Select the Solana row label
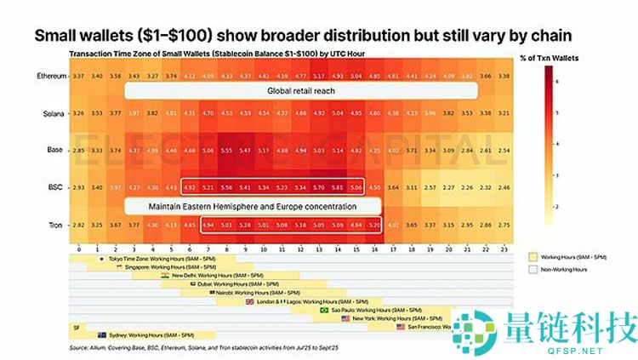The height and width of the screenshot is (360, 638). point(49,112)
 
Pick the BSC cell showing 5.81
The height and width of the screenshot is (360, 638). point(339,186)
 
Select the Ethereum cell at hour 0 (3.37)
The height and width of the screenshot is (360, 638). point(77,76)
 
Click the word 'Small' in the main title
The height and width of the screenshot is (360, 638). point(60,37)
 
